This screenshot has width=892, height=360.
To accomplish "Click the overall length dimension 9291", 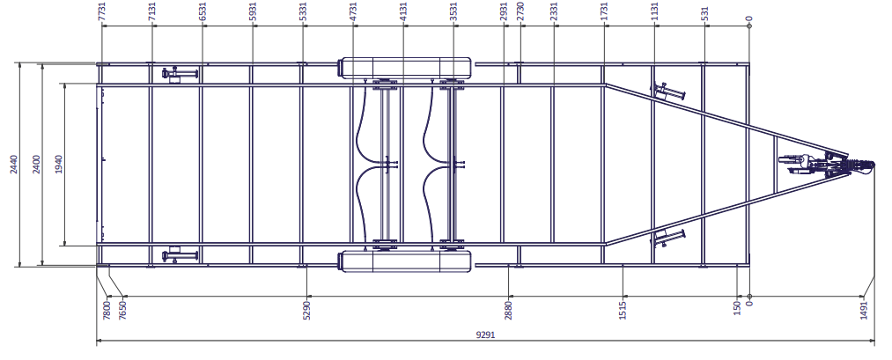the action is click(485, 334).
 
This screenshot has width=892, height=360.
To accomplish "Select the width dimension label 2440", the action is click(14, 165).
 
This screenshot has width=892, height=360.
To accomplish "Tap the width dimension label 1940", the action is click(59, 165).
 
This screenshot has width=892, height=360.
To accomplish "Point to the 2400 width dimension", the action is click(36, 165).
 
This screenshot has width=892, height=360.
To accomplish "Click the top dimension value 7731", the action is click(102, 11).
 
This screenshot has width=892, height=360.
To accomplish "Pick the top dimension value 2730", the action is click(520, 11).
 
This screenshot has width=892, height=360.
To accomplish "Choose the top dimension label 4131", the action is click(403, 11).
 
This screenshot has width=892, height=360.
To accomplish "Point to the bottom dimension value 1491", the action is click(864, 311).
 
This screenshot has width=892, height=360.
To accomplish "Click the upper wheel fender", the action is click(405, 68).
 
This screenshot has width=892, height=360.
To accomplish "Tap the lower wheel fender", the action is click(405, 261).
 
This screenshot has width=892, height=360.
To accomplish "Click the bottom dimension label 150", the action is click(737, 308).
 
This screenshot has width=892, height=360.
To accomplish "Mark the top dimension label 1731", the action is click(604, 11).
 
